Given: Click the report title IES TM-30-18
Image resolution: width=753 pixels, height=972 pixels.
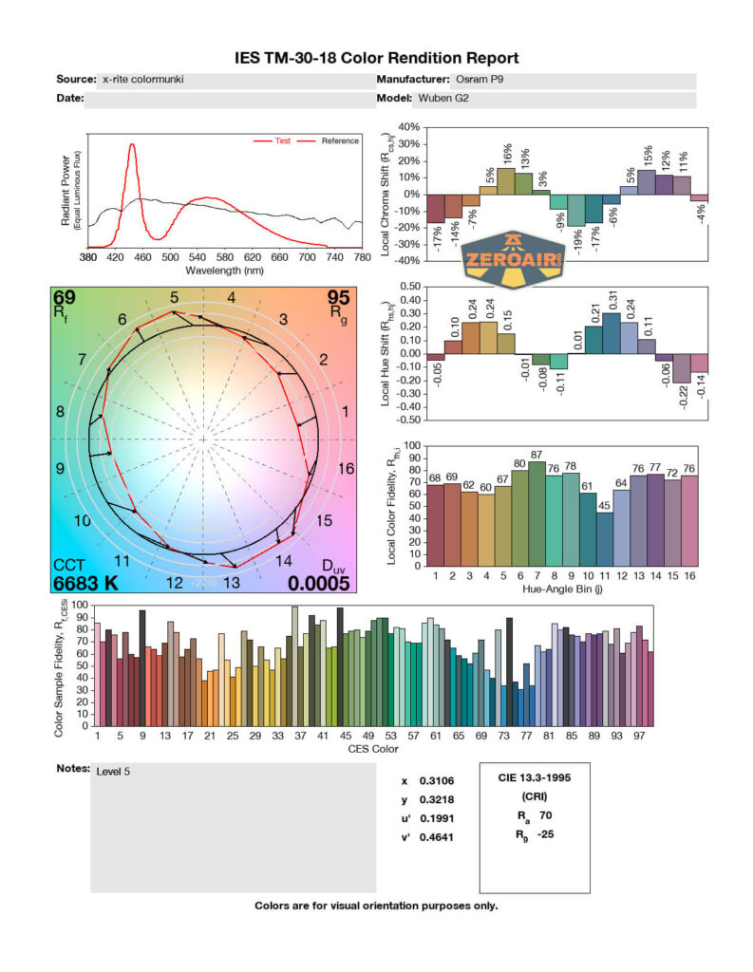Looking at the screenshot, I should (x=376, y=58).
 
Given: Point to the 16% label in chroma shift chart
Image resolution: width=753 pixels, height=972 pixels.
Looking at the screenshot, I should (x=506, y=153).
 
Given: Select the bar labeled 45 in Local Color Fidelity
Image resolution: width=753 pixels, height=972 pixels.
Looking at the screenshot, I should (x=604, y=539).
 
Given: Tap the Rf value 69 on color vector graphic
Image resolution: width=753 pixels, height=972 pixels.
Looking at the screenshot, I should (x=65, y=298).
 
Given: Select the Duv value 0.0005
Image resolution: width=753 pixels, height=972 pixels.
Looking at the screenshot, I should (x=320, y=583).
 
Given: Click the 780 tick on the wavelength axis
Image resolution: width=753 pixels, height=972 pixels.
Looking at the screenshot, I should (x=362, y=257).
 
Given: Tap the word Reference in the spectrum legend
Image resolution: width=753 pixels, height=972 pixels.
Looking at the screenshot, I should (x=339, y=141).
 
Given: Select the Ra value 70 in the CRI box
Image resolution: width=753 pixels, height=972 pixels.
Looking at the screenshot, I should (x=546, y=814).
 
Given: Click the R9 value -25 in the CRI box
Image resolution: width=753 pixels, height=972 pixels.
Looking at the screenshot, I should (x=546, y=834).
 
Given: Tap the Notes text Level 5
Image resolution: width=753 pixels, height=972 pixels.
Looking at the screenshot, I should (x=113, y=772).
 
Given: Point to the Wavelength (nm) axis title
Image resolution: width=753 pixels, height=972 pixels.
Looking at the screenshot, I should (x=224, y=271).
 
